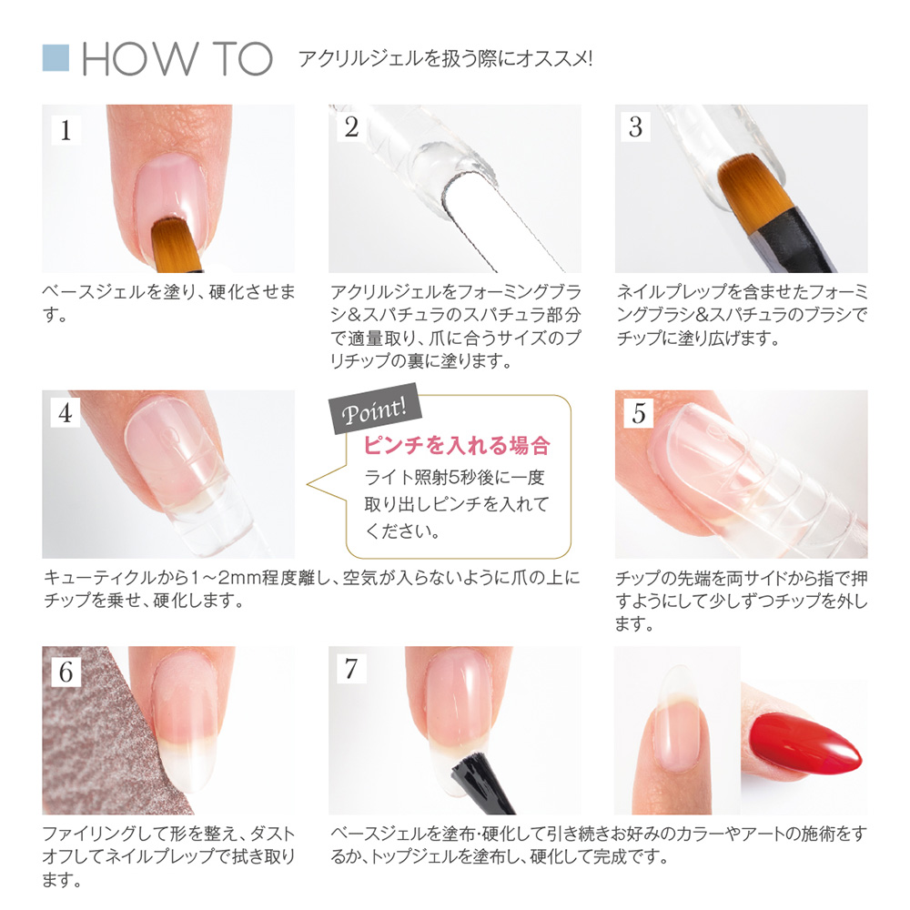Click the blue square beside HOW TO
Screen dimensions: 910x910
click(x=56, y=58)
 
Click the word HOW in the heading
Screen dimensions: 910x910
click(x=139, y=59)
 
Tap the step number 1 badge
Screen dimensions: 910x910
click(x=66, y=130)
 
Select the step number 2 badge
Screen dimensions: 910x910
click(x=351, y=127)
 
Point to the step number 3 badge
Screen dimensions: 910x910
click(x=636, y=127)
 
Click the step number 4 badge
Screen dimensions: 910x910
click(x=65, y=413)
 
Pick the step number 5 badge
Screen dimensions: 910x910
click(x=639, y=413)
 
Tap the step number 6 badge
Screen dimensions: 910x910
click(x=66, y=672)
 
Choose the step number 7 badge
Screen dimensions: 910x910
click(x=351, y=669)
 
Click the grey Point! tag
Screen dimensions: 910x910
click(x=375, y=409)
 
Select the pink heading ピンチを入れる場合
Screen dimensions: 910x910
click(x=457, y=446)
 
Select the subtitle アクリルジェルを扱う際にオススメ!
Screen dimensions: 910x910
click(x=446, y=58)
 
